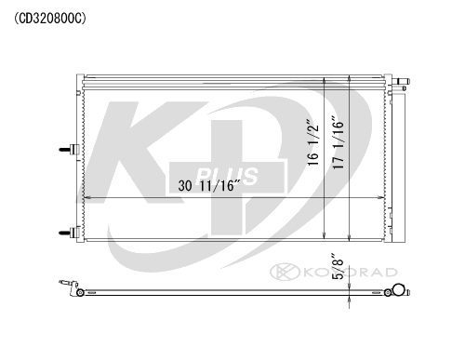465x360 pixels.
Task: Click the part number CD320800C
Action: click(x=50, y=19)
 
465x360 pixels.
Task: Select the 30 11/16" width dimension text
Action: click(x=209, y=185)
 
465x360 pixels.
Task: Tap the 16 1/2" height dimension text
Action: click(x=313, y=142)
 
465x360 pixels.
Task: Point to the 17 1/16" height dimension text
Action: click(x=339, y=142)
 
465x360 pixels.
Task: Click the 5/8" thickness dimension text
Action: click(x=338, y=267)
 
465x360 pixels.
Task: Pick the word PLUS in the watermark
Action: click(x=227, y=176)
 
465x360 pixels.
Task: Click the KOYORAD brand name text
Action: click(x=351, y=273)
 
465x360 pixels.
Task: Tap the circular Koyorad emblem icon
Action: click(x=285, y=272)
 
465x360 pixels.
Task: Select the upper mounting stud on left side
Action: click(x=69, y=150)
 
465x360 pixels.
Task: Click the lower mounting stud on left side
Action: click(x=69, y=233)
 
